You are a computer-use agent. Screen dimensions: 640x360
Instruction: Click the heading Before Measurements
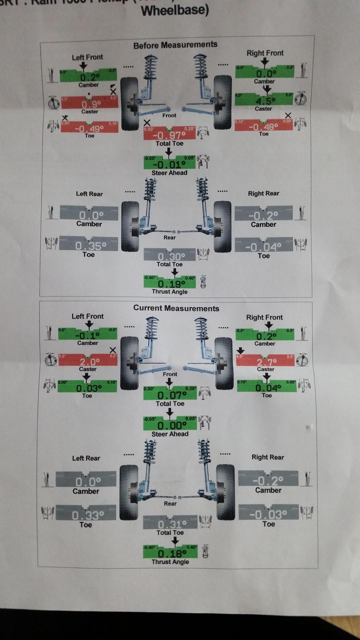click(175, 45)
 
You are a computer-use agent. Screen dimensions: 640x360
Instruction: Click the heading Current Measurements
click(176, 308)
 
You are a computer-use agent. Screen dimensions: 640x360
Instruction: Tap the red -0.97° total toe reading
click(169, 135)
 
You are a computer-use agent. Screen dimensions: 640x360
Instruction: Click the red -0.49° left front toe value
click(89, 128)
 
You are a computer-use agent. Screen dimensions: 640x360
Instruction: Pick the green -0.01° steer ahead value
click(169, 164)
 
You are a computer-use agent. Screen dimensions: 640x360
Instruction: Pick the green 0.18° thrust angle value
click(172, 553)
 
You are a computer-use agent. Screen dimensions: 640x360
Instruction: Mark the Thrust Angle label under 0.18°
click(170, 562)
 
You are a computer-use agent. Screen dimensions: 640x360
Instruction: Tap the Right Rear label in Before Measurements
click(263, 193)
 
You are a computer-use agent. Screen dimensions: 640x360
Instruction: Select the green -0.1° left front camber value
click(87, 335)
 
